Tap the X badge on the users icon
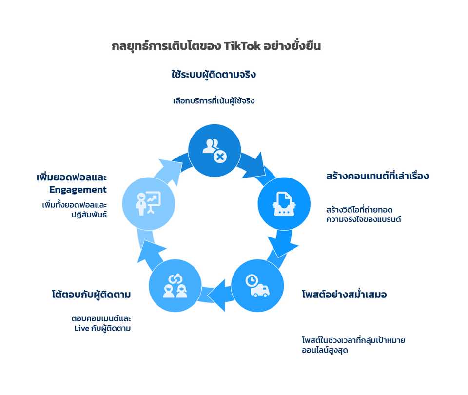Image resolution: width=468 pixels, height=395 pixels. (x=220, y=157)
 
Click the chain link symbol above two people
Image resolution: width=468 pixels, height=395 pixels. (x=175, y=278)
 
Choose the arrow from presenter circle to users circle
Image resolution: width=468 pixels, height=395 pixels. (x=168, y=165)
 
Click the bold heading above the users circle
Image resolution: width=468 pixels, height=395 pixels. (x=214, y=75)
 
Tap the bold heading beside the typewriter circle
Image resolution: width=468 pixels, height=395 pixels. (x=377, y=176)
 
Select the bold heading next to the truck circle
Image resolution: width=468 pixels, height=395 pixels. (x=344, y=295)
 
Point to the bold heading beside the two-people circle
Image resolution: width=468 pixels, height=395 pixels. (x=91, y=295)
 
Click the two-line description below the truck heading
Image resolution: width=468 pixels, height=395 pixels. (x=353, y=344)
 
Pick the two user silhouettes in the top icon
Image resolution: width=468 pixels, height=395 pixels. (x=211, y=146)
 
